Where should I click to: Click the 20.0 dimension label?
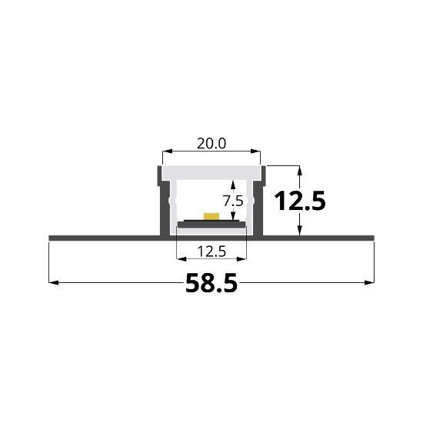click(x=211, y=143)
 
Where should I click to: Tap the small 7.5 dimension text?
click(x=233, y=201)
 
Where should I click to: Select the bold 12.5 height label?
click(x=301, y=202)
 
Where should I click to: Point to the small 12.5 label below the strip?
click(x=211, y=251)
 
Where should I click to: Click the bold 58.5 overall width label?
click(x=211, y=285)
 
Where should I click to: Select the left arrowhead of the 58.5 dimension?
click(x=53, y=283)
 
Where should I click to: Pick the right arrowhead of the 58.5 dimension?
click(x=370, y=283)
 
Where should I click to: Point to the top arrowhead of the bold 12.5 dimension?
click(x=301, y=168)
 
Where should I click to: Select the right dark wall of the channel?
click(x=258, y=204)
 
